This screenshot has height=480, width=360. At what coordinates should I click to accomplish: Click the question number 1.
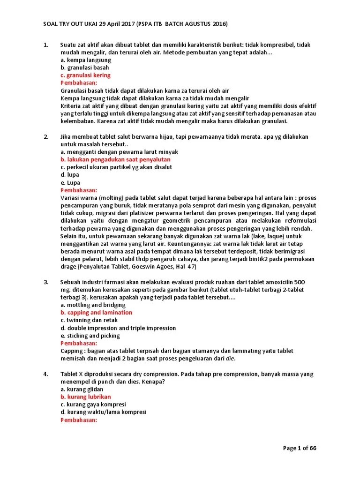[45, 45]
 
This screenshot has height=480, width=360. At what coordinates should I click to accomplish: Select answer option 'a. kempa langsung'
[86, 60]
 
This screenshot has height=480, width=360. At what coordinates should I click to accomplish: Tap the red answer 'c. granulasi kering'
[86, 75]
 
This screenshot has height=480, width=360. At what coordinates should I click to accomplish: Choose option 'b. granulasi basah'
[85, 67]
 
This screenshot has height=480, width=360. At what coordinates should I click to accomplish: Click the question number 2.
[46, 136]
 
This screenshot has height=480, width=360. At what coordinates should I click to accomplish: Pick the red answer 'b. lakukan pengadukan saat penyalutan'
[115, 159]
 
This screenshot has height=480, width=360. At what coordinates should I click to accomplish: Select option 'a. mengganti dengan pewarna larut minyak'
[119, 152]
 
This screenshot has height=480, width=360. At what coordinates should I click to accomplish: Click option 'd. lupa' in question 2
[70, 175]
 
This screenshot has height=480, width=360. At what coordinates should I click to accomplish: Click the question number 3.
[46, 282]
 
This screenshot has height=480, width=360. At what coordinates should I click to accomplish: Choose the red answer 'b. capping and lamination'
[97, 313]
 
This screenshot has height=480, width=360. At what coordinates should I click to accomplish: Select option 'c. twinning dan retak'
[90, 320]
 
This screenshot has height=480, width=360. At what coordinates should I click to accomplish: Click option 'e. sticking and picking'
[90, 336]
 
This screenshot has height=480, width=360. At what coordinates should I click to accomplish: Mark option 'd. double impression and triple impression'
[118, 328]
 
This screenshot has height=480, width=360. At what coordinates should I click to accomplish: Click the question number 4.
[46, 374]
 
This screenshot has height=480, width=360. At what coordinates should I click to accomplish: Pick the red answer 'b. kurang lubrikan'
[86, 397]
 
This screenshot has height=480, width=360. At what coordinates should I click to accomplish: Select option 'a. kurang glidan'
[82, 389]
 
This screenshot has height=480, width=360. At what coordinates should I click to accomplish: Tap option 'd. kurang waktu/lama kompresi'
[104, 412]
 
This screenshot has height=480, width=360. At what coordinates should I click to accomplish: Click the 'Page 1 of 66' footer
[300, 448]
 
